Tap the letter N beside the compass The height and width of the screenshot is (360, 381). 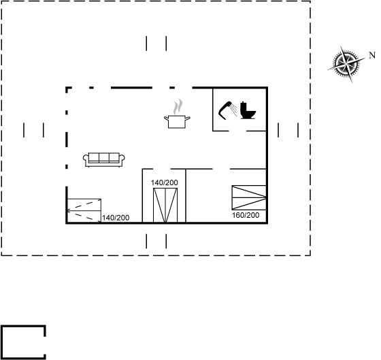[372, 55]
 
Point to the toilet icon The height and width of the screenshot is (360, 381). [248, 111]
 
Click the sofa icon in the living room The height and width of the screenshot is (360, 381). [104, 160]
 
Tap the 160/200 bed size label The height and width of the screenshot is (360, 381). [246, 215]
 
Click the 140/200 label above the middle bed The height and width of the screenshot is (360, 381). [164, 182]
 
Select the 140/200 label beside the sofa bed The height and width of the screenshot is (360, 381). [116, 218]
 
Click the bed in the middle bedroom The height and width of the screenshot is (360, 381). [165, 205]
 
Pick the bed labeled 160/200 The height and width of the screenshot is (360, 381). [249, 197]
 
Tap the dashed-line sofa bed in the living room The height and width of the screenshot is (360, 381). [84, 210]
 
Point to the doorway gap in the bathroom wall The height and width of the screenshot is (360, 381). [237, 131]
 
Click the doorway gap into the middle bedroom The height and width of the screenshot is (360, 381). [162, 169]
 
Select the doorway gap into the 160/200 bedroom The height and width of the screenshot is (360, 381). [221, 169]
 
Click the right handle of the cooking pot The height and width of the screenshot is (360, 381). [188, 118]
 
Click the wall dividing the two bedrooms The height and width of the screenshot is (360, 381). [186, 195]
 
